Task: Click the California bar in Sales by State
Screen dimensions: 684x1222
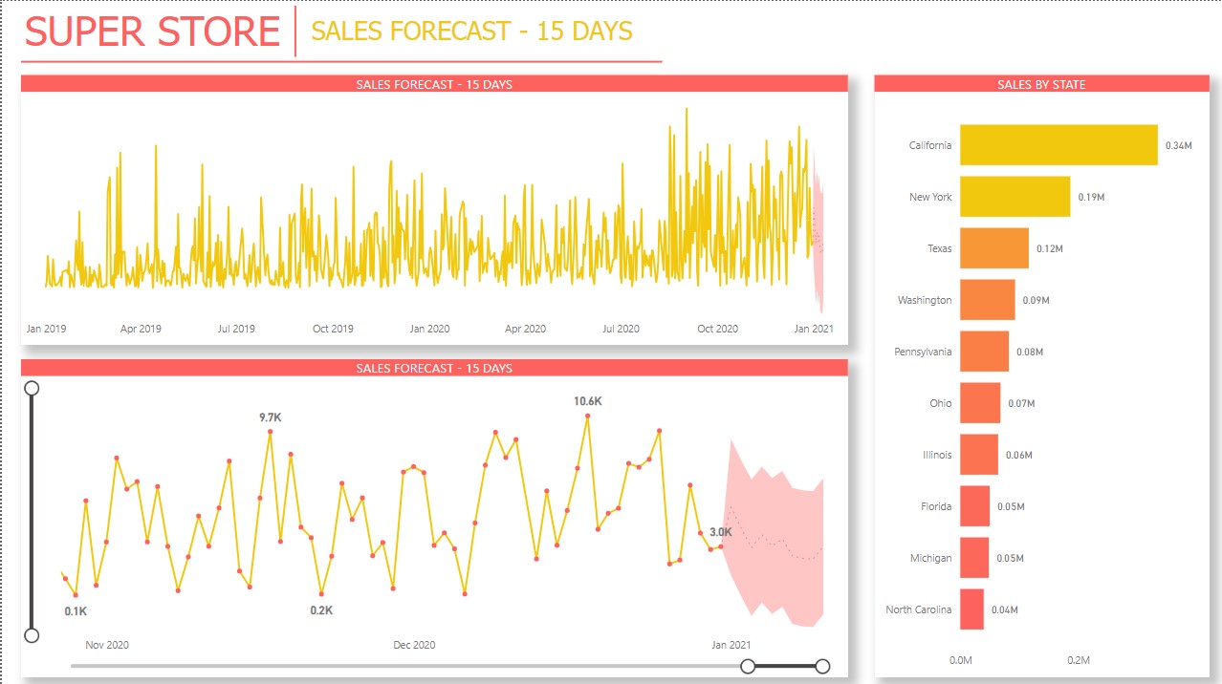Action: click(x=1058, y=145)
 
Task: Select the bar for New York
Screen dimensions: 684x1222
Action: click(x=1015, y=197)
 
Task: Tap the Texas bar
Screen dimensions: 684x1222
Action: click(x=994, y=248)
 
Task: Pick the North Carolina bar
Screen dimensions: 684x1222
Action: click(x=971, y=609)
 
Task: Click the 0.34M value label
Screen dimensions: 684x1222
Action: click(x=1178, y=146)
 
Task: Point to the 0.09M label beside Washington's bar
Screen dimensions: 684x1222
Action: click(x=1036, y=301)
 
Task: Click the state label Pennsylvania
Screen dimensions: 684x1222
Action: click(x=923, y=352)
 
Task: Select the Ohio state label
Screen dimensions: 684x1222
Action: click(x=941, y=403)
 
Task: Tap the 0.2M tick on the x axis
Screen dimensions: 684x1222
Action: click(x=1079, y=660)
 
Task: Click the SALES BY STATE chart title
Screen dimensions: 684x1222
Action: click(x=1041, y=85)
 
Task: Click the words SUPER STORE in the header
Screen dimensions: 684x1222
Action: click(x=152, y=32)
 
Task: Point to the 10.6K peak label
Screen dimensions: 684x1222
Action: click(x=587, y=402)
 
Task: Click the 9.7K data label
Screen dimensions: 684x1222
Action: click(x=271, y=417)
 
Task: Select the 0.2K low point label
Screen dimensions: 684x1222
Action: click(x=321, y=610)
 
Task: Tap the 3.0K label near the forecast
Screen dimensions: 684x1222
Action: click(x=721, y=532)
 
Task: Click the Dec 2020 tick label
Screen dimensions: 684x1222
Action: click(x=414, y=645)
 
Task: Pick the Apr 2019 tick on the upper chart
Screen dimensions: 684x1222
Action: click(x=141, y=329)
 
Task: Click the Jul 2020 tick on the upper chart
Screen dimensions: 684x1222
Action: click(x=621, y=329)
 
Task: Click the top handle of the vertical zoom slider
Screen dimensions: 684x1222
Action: click(x=32, y=388)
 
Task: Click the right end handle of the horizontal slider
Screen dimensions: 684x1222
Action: click(x=822, y=666)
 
